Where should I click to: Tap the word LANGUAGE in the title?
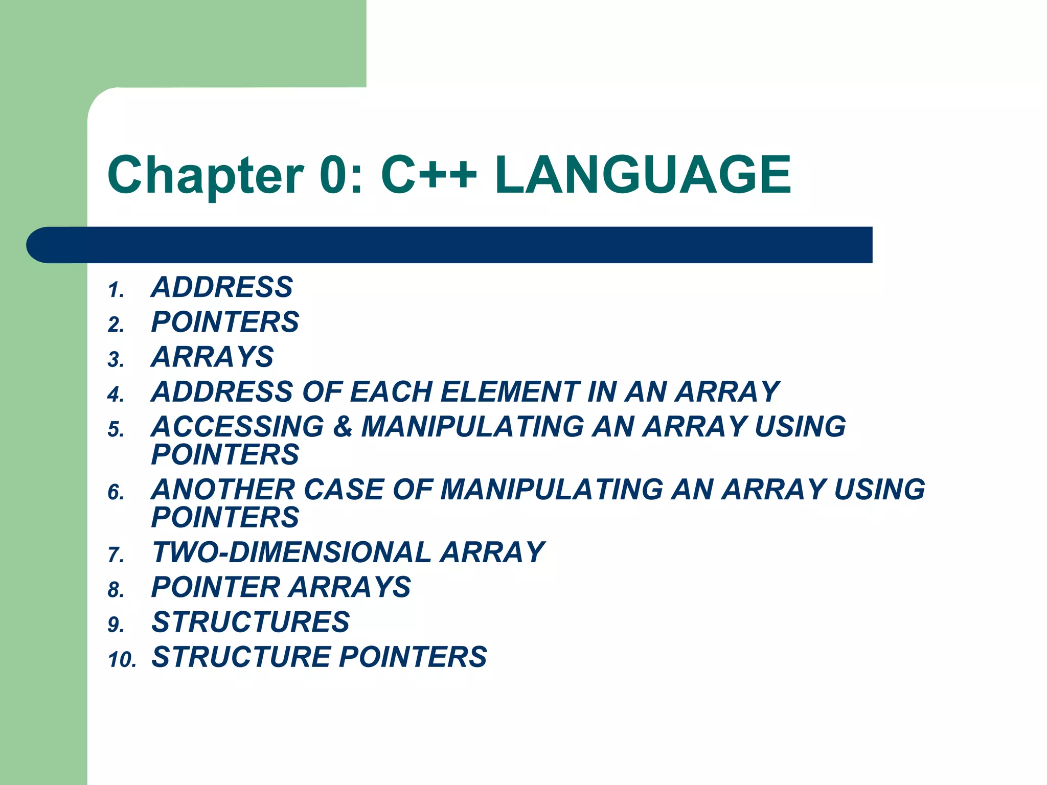click(643, 175)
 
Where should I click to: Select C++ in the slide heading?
click(429, 175)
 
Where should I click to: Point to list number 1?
click(116, 290)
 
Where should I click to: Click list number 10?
click(122, 660)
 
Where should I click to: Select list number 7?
click(116, 555)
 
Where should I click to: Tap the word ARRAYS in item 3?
click(212, 357)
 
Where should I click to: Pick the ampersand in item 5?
click(343, 427)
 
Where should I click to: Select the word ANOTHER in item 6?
click(223, 490)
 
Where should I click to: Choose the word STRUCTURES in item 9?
click(251, 622)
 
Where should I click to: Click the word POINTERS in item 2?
click(225, 322)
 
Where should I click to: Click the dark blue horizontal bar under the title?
click(450, 245)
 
